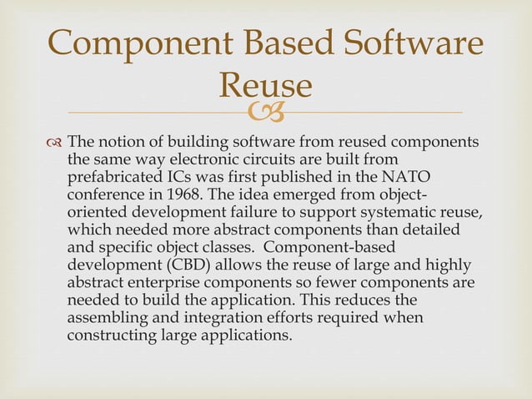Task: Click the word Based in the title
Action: click(x=282, y=44)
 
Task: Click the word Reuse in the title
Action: click(x=264, y=86)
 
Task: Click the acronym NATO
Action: click(x=404, y=176)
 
